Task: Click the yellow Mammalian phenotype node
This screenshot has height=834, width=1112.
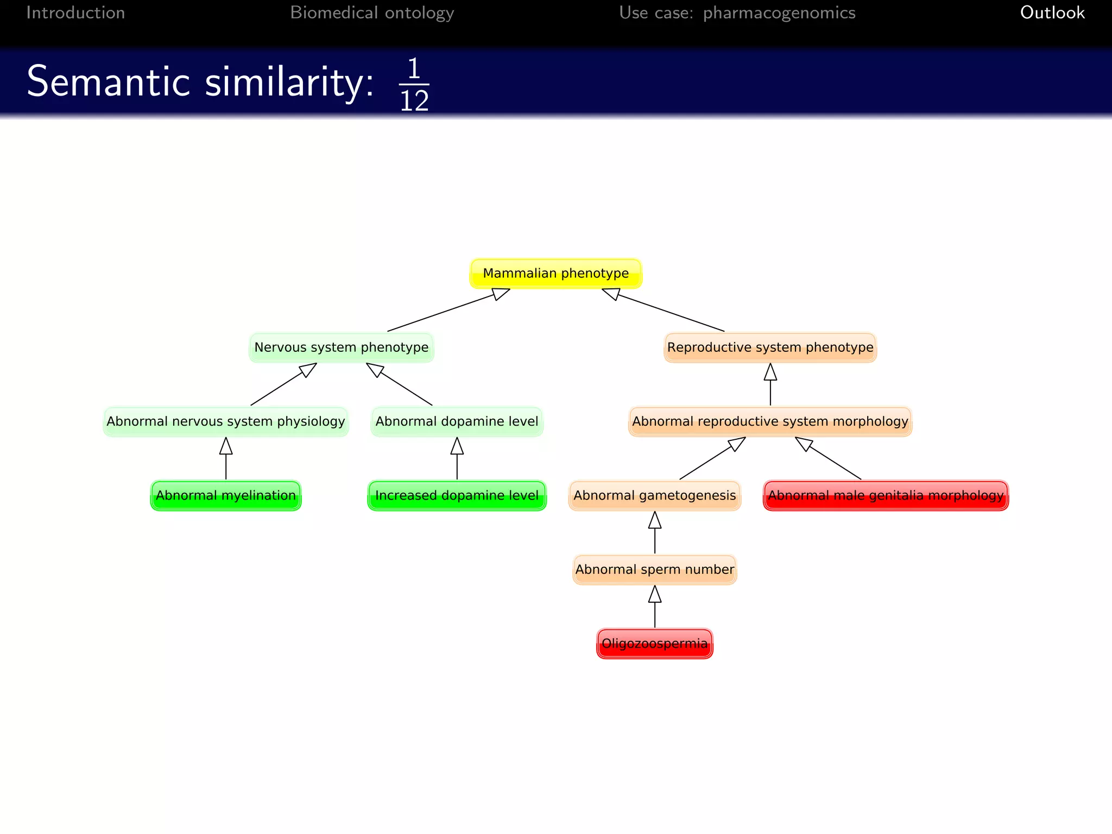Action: (555, 273)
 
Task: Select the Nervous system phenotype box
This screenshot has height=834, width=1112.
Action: (341, 347)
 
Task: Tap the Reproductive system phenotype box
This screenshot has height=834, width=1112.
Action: (770, 347)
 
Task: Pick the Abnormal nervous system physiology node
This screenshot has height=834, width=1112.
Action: (225, 421)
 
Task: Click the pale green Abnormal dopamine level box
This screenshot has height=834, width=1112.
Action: (457, 421)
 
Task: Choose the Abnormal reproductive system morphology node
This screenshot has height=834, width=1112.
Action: (770, 421)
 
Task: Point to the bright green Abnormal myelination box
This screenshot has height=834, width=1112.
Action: (225, 495)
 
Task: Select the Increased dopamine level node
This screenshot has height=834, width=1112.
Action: (457, 495)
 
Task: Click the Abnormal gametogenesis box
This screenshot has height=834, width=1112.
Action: (654, 495)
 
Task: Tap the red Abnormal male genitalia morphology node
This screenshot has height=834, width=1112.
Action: (886, 495)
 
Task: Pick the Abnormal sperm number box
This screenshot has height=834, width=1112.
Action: (654, 570)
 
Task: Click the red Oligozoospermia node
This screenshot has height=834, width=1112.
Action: (654, 643)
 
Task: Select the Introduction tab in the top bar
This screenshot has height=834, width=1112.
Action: (75, 12)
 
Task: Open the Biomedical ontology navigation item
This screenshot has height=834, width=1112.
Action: (372, 12)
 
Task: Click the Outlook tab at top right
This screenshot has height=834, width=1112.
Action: (1052, 12)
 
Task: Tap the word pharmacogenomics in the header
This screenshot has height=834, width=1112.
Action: (779, 12)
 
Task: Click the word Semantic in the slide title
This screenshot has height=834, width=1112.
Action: (108, 82)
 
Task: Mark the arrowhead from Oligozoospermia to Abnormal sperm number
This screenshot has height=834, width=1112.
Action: (655, 594)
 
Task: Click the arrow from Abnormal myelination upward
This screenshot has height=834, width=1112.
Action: (226, 459)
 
